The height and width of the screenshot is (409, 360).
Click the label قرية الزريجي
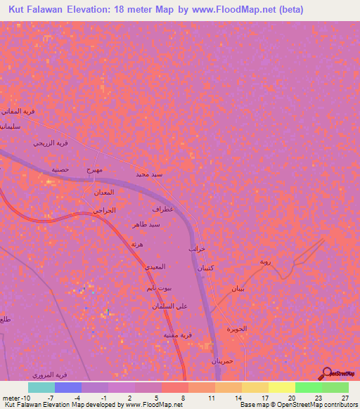click(51, 143)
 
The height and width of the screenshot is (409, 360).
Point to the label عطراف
click(162, 209)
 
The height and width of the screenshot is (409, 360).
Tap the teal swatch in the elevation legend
click(41, 387)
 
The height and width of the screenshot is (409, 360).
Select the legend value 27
click(345, 397)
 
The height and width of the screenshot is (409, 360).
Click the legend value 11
click(211, 397)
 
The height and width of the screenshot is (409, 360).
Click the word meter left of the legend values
click(11, 397)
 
